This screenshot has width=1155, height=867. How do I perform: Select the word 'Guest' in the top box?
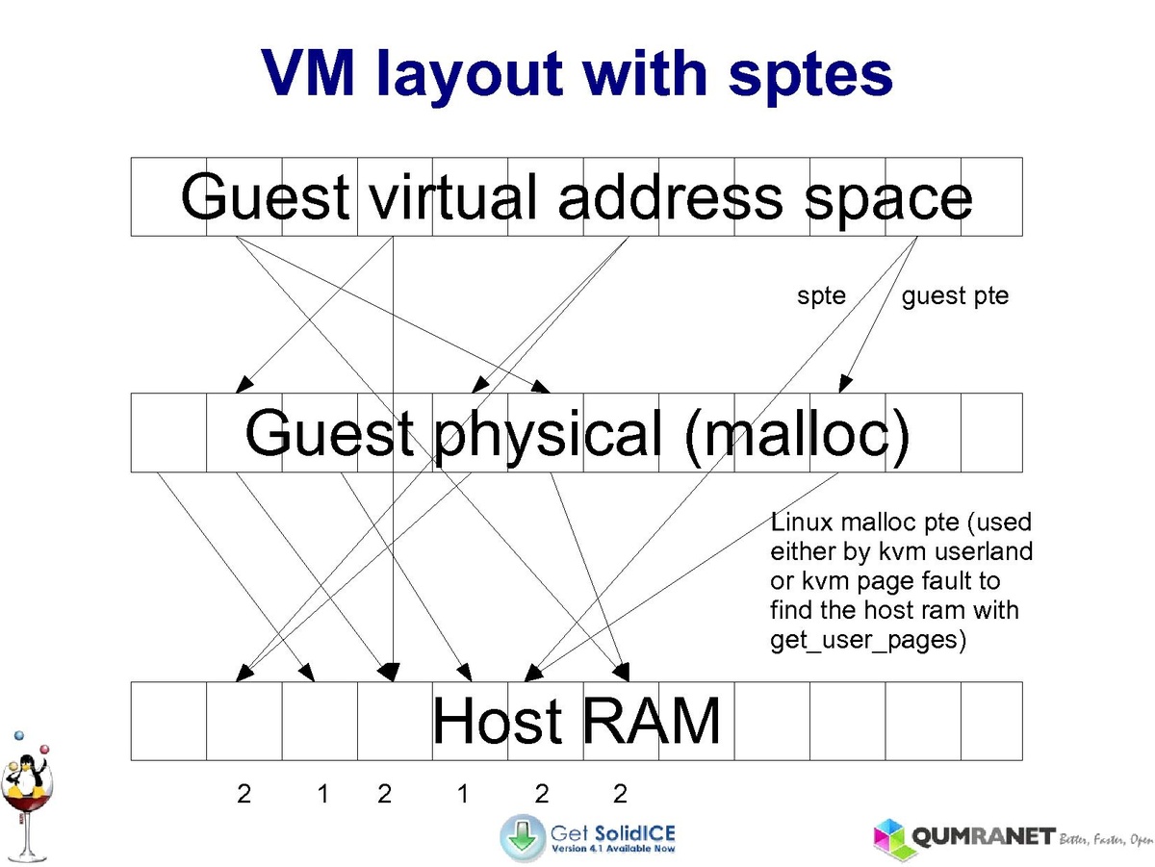(x=265, y=197)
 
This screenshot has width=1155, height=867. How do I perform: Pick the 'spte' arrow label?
(x=821, y=295)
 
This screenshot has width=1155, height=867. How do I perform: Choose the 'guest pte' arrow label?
(x=955, y=295)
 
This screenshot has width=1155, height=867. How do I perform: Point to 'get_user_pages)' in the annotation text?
(x=867, y=640)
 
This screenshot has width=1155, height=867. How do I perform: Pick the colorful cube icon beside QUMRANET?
(x=893, y=839)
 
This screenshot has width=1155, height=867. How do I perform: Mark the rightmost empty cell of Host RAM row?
(x=991, y=721)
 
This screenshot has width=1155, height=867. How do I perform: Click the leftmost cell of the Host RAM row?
(x=168, y=721)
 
